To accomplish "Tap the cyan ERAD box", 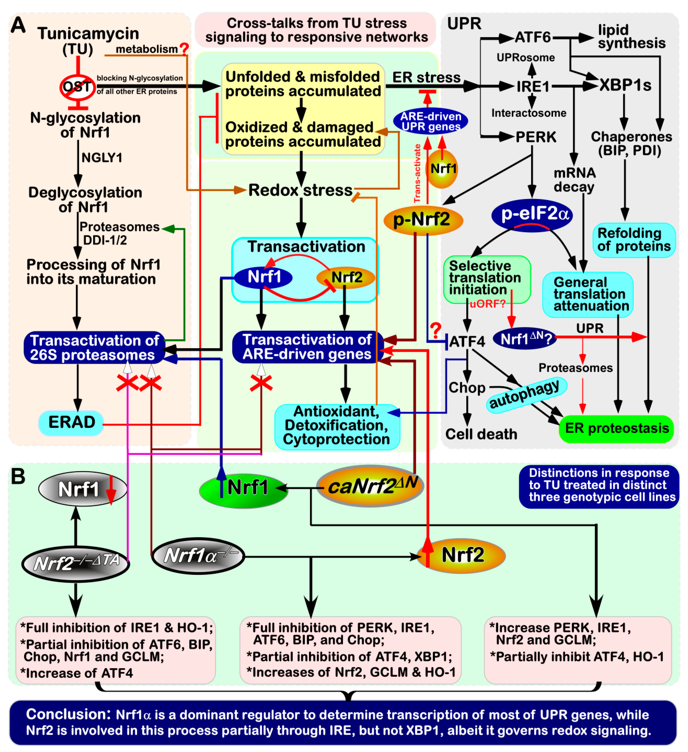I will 71,423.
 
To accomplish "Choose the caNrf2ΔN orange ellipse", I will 370,486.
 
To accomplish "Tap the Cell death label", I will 481,434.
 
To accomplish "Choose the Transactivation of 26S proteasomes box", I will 94,348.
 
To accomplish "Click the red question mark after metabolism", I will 184,48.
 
